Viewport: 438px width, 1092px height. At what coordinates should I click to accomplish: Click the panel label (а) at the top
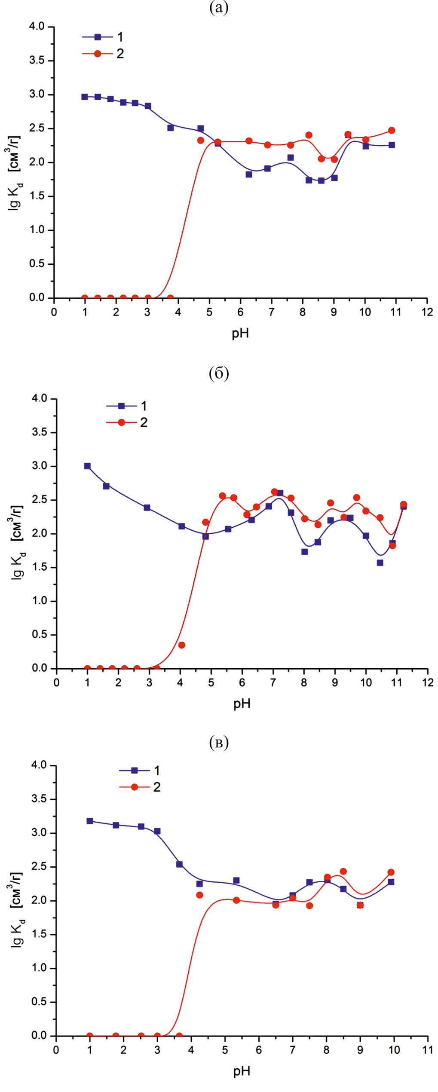(x=218, y=7)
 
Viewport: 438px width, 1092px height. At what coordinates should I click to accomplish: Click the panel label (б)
(x=219, y=373)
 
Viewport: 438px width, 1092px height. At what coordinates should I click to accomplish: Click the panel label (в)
(x=219, y=742)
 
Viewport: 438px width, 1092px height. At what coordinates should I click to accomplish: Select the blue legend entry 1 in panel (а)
(x=103, y=37)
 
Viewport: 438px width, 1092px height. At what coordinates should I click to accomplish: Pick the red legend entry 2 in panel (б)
(x=127, y=422)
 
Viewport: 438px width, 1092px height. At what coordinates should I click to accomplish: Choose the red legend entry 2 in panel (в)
(x=140, y=787)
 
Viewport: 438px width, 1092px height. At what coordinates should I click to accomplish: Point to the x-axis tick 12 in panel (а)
(x=427, y=312)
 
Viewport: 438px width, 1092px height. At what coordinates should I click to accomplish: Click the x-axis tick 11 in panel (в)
(x=428, y=1050)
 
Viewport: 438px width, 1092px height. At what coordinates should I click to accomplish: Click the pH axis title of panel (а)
(x=241, y=333)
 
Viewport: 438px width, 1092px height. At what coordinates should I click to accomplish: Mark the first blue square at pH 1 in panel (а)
(x=85, y=97)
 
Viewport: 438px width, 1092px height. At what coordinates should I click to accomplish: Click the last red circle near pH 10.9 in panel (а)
(x=391, y=130)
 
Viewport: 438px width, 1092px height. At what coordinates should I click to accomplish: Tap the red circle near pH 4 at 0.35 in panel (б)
(x=181, y=645)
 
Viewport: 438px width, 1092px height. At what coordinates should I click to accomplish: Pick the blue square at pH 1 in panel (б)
(x=87, y=466)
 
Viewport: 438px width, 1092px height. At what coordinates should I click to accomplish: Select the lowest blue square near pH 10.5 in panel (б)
(x=380, y=563)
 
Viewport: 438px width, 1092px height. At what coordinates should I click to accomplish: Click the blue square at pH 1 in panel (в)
(x=90, y=821)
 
